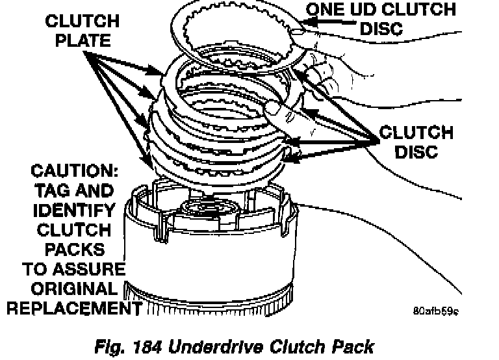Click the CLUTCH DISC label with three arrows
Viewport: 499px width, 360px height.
pyautogui.click(x=416, y=142)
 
